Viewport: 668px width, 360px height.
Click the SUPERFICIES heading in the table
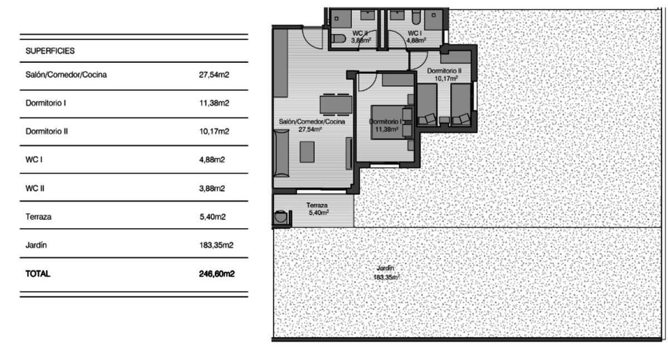coord(50,51)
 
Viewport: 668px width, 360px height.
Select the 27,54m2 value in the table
coord(214,75)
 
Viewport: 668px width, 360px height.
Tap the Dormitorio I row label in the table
coord(46,103)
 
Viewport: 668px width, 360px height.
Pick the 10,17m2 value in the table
coord(214,131)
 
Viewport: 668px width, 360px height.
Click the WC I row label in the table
coord(34,160)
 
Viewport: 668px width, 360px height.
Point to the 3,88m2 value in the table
coord(212,188)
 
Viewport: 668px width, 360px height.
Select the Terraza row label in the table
coord(38,216)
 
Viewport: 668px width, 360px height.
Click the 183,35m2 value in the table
coord(216,245)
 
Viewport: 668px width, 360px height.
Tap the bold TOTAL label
coord(38,274)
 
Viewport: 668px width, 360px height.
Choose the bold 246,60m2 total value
coord(217,274)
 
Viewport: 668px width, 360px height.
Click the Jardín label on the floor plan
coord(385,268)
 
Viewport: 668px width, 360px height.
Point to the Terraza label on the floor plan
coord(317,205)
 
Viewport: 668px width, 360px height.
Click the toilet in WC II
coord(339,38)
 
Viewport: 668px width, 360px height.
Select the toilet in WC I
coord(416,18)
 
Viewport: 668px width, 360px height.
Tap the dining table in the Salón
coord(336,105)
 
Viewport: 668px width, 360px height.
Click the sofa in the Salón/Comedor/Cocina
coord(282,153)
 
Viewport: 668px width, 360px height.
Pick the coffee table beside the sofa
coord(307,152)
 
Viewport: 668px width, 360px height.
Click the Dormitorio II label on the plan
coord(444,71)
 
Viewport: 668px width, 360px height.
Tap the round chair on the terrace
coord(281,216)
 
